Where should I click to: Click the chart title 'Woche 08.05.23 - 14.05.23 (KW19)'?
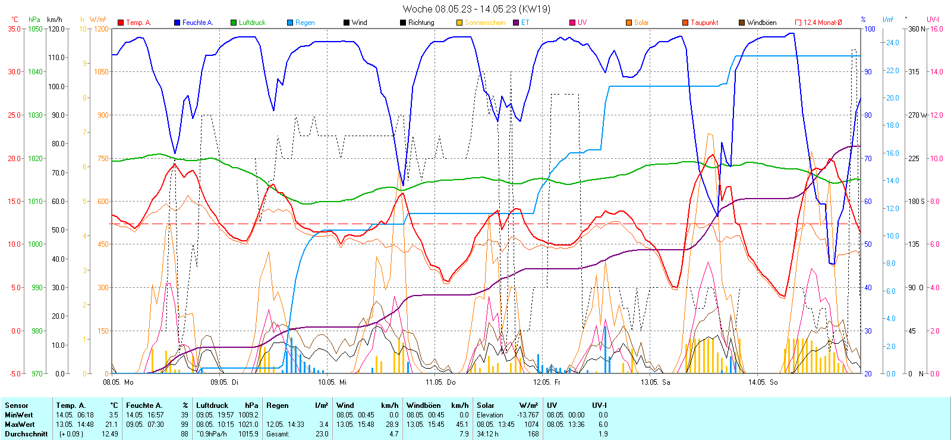476,9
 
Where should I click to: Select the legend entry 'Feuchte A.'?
197,23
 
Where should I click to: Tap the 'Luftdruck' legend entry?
252,23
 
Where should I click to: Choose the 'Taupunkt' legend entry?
704,23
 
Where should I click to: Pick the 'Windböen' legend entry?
761,23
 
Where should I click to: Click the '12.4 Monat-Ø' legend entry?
822,23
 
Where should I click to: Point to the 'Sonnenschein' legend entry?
484,23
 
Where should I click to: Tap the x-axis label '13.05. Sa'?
655,382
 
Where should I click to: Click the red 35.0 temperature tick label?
14,29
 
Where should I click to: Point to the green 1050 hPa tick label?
35,29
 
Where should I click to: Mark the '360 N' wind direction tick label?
917,29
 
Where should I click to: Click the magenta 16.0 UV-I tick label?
936,29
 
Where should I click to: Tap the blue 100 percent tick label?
869,29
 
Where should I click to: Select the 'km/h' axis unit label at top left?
54,20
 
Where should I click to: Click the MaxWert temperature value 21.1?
112,425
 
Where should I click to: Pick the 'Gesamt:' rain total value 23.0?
322,434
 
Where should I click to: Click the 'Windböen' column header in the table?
423,406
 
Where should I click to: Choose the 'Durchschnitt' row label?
26,434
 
